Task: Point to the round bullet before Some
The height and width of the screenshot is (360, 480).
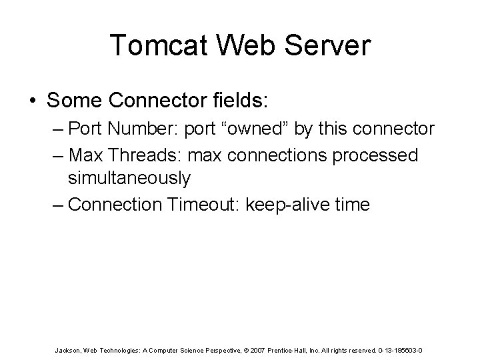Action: [x=33, y=101]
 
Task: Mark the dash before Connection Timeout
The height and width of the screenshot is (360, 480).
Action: [x=57, y=204]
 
